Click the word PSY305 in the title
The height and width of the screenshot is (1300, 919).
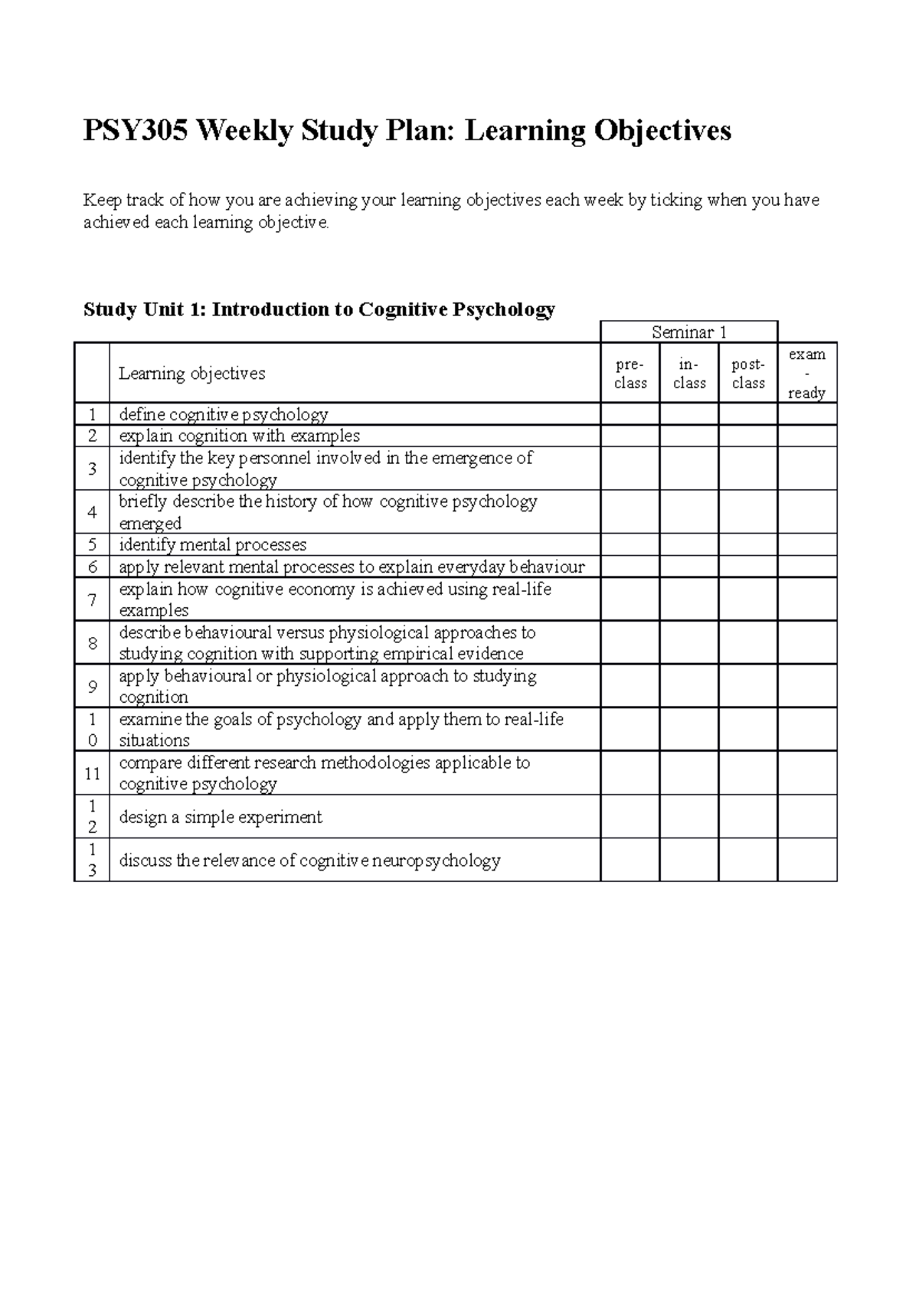(x=134, y=131)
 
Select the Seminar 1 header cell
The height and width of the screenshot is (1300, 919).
(x=688, y=332)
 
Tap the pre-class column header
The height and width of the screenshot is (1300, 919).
(x=630, y=374)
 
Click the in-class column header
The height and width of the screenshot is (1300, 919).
(x=688, y=374)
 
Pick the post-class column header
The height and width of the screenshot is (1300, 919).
(x=747, y=374)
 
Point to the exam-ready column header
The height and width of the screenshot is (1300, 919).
(x=806, y=374)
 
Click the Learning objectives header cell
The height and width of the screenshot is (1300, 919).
(x=192, y=374)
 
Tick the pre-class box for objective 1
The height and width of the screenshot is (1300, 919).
(x=630, y=414)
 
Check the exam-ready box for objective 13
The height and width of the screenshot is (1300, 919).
(x=806, y=860)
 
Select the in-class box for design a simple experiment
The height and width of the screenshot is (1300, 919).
(x=688, y=816)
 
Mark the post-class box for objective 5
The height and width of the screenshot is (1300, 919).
(x=747, y=544)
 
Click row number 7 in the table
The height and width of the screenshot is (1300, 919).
(x=92, y=599)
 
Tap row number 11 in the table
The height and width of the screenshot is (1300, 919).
(x=92, y=773)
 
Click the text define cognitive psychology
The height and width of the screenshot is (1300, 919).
(x=224, y=415)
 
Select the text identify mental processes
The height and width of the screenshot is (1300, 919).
(x=213, y=545)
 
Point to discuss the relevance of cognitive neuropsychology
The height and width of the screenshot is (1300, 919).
(x=309, y=861)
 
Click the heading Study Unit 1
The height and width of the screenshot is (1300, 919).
(x=144, y=309)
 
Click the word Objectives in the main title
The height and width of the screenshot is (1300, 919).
(x=660, y=131)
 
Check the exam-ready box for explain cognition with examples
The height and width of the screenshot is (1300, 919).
(x=806, y=436)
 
